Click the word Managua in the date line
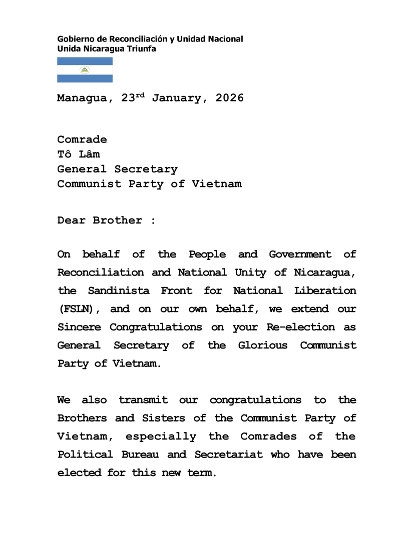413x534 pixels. tap(82, 98)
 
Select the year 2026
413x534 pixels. tap(230, 98)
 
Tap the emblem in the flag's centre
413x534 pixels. tap(85, 70)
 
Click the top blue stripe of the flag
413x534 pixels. tap(85, 61)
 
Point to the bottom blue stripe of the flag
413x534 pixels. tap(85, 78)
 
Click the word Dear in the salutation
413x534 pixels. tap(71, 220)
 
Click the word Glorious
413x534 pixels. tap(262, 345)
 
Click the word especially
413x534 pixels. tap(161, 436)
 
